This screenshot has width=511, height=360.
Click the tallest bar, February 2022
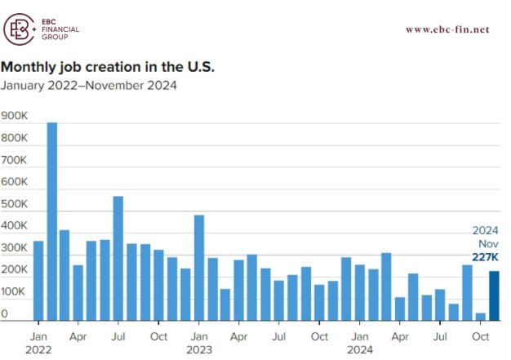pyautogui.click(x=51, y=221)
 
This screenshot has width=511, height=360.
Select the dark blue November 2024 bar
pyautogui.click(x=495, y=296)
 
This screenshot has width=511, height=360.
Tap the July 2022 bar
pyautogui.click(x=118, y=258)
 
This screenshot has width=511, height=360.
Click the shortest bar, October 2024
pyautogui.click(x=481, y=317)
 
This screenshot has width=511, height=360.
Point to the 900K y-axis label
pyautogui.click(x=16, y=117)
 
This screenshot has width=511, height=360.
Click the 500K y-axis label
pyautogui.click(x=16, y=204)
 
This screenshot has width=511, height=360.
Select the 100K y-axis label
pyautogui.click(x=16, y=291)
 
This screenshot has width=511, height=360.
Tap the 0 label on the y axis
pyautogui.click(x=5, y=313)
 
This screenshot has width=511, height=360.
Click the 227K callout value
pyautogui.click(x=485, y=258)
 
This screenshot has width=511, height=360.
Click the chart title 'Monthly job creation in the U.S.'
pyautogui.click(x=108, y=65)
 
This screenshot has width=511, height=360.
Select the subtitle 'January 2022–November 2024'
pyautogui.click(x=89, y=84)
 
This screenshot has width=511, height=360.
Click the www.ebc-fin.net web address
pyautogui.click(x=447, y=29)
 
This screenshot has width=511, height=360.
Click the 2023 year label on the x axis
pyautogui.click(x=199, y=349)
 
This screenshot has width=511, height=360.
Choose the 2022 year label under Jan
pyautogui.click(x=38, y=349)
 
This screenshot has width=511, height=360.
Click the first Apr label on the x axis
pyautogui.click(x=78, y=336)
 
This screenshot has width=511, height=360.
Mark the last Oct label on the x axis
pyautogui.click(x=481, y=336)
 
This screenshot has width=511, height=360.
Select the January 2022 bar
pyautogui.click(x=38, y=281)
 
